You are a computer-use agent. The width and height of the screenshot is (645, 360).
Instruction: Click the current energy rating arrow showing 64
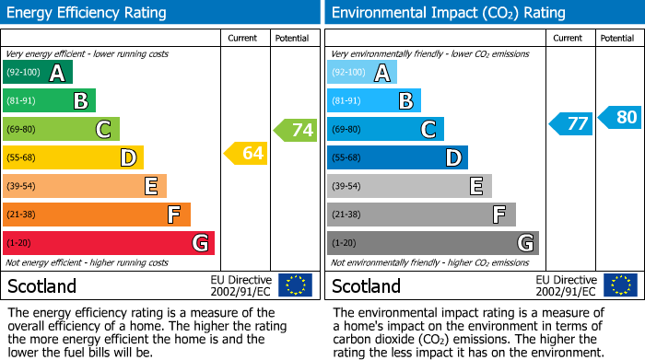coord(246,154)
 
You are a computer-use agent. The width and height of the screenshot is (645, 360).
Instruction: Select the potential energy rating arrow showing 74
coord(296,130)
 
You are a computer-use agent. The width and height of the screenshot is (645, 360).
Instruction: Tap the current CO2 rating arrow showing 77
coord(570,123)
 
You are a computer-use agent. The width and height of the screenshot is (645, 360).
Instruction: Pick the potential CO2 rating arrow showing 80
coord(620,117)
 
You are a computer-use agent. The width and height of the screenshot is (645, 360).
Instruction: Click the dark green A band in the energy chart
coord(38,73)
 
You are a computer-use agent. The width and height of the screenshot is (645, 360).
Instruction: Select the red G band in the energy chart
coord(109,243)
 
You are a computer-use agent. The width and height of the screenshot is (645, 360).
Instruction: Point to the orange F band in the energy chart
coord(97,215)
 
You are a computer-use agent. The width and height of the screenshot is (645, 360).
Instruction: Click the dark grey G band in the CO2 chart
coord(433,243)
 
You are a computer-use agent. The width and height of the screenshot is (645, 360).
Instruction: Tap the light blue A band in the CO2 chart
coord(362,73)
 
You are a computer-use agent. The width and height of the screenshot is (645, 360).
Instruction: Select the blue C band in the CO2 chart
coord(386,129)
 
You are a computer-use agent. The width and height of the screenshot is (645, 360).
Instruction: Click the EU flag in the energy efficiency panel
coord(296,285)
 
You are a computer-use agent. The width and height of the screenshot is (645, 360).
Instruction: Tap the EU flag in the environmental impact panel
coord(620,285)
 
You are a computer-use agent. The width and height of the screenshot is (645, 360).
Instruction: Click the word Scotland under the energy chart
coord(41,286)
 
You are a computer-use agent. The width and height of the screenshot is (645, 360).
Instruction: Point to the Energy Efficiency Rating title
coord(88,13)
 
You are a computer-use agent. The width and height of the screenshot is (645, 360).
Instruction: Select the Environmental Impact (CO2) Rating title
coord(447,13)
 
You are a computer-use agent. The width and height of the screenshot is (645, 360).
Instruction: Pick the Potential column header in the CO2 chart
coord(617,38)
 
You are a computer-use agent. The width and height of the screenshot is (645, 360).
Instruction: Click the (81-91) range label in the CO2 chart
coord(347,101)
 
